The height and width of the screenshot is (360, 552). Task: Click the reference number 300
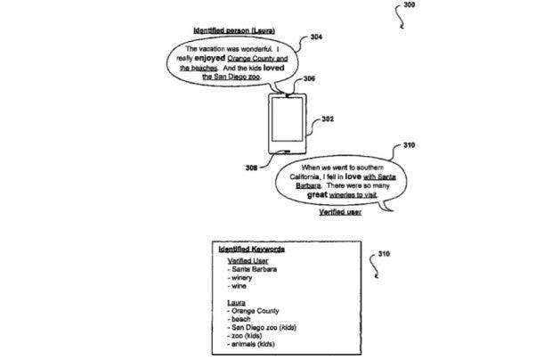point(409,5)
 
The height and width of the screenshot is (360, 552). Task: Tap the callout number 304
point(316,37)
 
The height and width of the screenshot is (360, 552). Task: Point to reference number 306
point(309,78)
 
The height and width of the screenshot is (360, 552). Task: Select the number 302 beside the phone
point(328,119)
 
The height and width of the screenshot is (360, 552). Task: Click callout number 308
point(251,168)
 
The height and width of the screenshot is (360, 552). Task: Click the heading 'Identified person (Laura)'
point(234,30)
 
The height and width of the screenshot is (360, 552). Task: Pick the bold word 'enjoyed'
point(209,58)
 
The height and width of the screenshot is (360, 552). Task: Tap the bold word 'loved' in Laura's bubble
point(274,68)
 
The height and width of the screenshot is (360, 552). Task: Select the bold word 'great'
point(317,195)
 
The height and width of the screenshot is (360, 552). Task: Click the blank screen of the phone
point(287,119)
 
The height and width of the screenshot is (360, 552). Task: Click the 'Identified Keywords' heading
point(251,250)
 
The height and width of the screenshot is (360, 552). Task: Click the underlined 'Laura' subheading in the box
point(236,303)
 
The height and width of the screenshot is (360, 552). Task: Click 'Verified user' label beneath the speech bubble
point(340,212)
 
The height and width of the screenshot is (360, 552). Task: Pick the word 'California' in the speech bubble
point(304,176)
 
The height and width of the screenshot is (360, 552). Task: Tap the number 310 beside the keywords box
point(384,254)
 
